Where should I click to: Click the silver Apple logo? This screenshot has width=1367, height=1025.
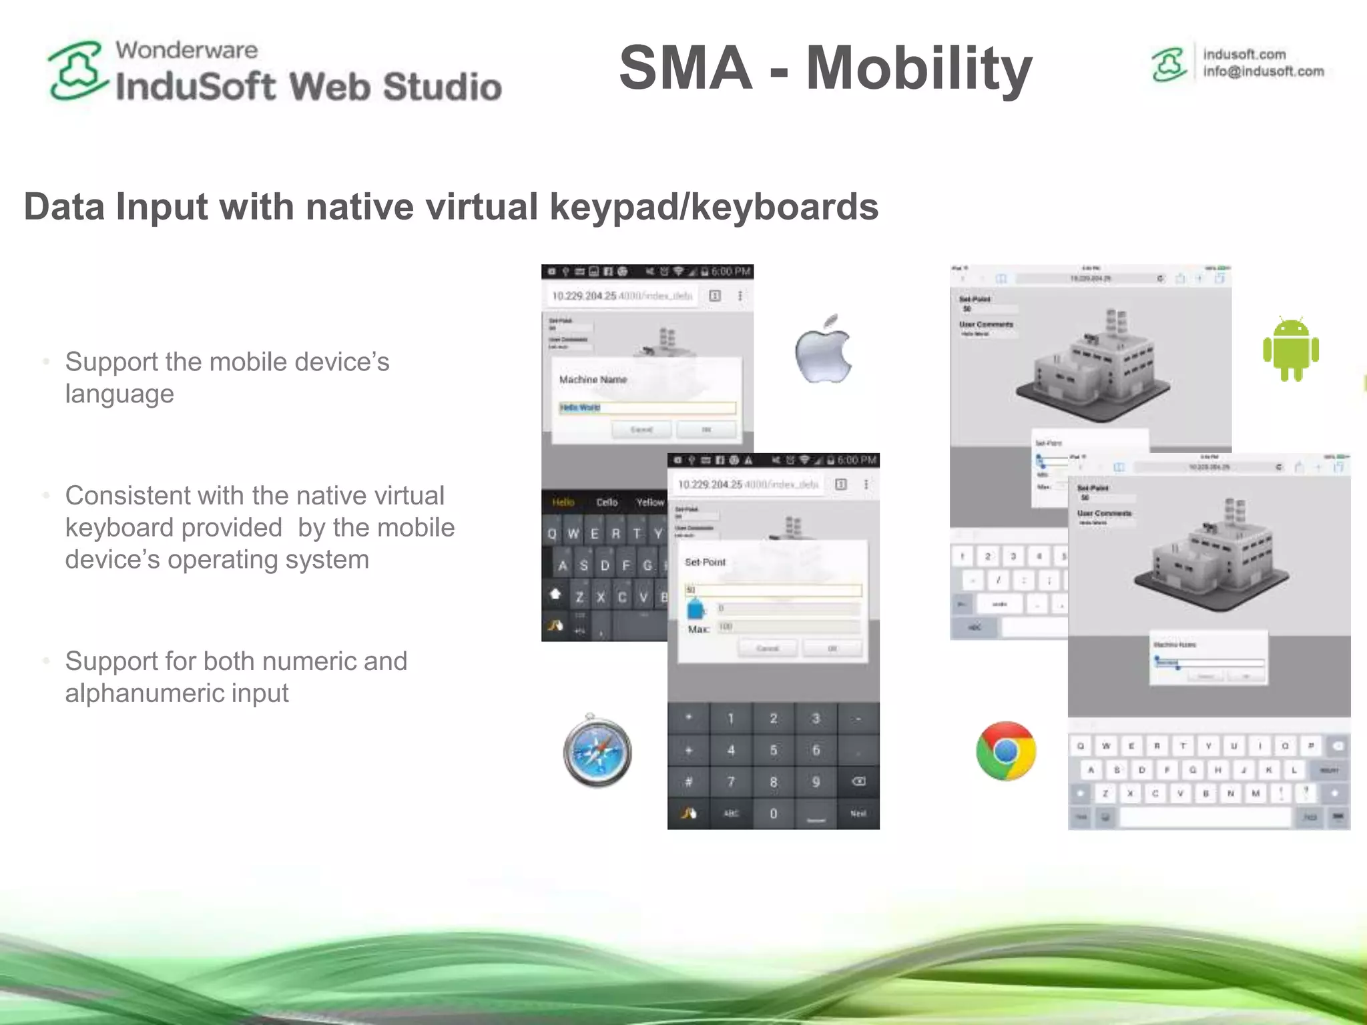[823, 349]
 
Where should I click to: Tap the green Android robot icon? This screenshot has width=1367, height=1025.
[1290, 349]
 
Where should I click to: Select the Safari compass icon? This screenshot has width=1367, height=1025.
[597, 751]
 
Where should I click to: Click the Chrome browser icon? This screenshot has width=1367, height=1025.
[1005, 751]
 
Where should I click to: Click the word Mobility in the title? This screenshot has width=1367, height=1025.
[919, 67]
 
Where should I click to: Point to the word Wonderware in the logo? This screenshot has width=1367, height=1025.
[186, 50]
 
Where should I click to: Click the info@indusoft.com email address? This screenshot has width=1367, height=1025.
[1263, 71]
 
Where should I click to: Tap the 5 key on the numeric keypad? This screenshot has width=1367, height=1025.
[773, 750]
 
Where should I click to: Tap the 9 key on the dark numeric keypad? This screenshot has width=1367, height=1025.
[816, 781]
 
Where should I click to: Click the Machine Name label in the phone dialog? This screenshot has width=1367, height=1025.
[593, 380]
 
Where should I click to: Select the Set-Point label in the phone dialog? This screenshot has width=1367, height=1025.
[705, 562]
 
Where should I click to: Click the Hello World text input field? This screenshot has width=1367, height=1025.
[647, 408]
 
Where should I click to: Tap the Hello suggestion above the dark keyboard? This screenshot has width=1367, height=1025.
[563, 502]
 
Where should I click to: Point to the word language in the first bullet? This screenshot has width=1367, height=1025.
[119, 394]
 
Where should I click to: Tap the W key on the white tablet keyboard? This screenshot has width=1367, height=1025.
[1106, 746]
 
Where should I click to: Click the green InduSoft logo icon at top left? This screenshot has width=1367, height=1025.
[77, 71]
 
